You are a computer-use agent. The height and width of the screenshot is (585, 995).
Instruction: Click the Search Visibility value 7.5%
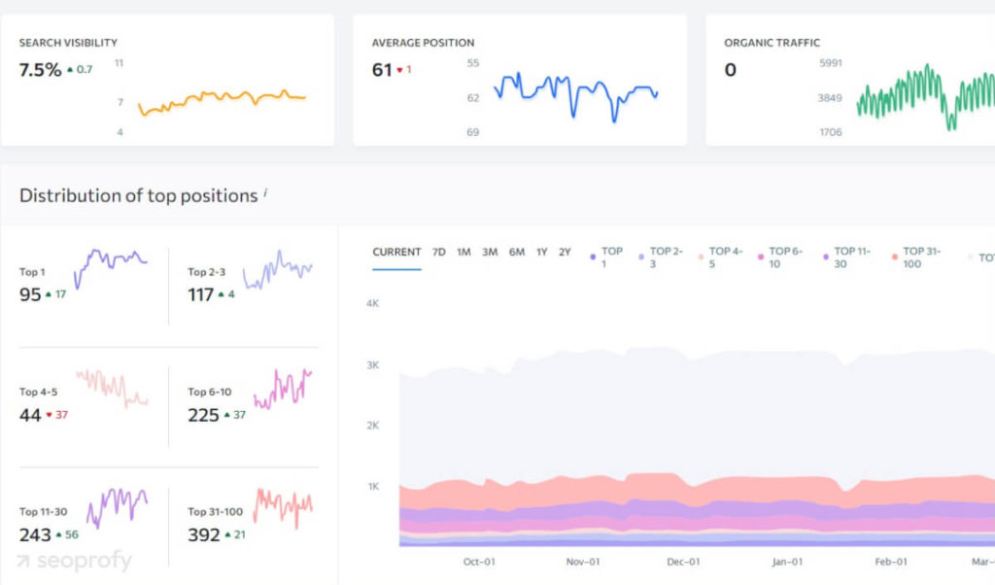click(40, 70)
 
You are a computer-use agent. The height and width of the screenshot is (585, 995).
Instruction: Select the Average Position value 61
click(382, 70)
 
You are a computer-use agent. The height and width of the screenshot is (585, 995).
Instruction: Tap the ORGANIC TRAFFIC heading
click(772, 43)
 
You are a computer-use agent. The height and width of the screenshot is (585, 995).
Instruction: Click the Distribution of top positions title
click(138, 195)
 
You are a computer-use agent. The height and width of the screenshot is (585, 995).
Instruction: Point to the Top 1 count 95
click(30, 294)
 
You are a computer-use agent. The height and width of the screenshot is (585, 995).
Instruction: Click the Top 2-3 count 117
click(200, 294)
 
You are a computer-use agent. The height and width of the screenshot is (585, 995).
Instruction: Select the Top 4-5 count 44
click(30, 415)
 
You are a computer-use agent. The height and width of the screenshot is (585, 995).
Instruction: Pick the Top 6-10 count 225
click(203, 415)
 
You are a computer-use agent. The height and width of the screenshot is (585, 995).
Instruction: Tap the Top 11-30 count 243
click(35, 535)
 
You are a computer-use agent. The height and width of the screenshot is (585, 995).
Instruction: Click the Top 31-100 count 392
click(203, 535)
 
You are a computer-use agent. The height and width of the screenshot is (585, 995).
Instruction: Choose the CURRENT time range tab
click(396, 252)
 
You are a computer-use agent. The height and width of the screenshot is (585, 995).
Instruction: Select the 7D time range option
click(438, 252)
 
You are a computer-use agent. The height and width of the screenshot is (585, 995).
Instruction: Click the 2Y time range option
click(565, 252)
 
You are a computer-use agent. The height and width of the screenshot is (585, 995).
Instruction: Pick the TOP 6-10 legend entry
click(784, 258)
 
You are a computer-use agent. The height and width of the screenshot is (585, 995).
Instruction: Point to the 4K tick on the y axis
click(372, 303)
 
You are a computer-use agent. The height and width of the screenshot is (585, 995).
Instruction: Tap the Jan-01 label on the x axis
click(787, 562)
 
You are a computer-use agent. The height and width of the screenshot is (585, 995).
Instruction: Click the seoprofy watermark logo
click(74, 562)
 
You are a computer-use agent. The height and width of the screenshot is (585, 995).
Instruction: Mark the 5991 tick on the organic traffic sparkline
click(830, 63)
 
